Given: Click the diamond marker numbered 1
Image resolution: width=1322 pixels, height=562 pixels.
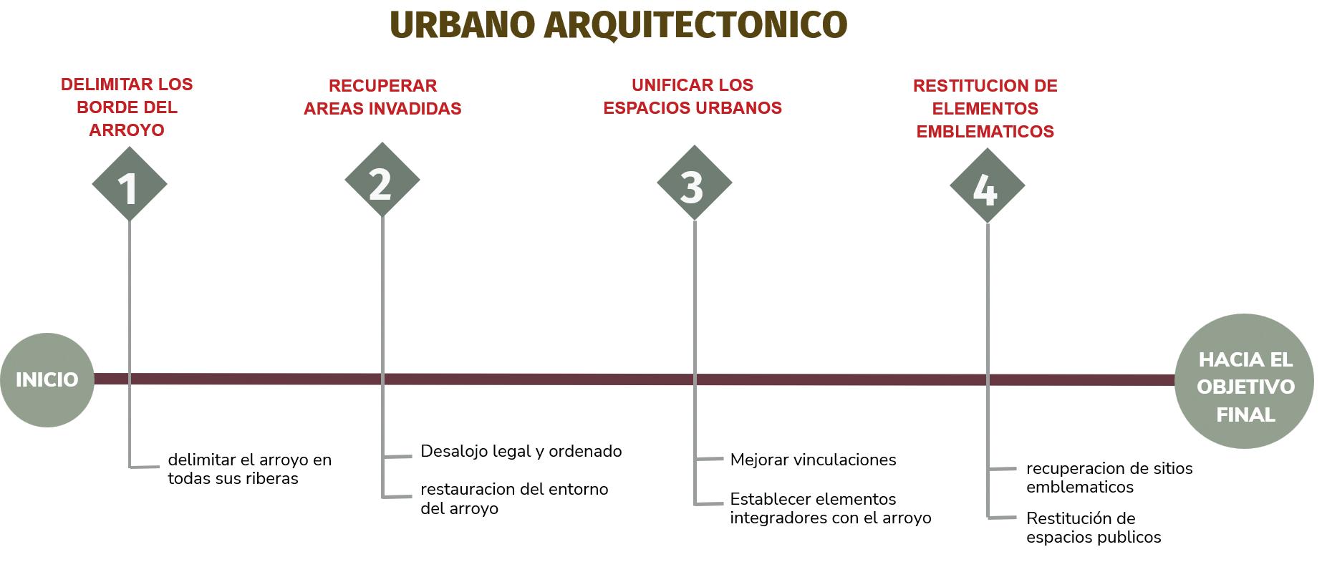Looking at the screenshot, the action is pyautogui.click(x=129, y=185).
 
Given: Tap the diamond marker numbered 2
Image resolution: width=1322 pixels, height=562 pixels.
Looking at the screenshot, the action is pyautogui.click(x=382, y=180).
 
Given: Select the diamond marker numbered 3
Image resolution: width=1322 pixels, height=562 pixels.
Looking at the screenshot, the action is pyautogui.click(x=694, y=183).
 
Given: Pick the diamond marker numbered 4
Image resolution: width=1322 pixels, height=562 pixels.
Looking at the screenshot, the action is pyautogui.click(x=987, y=186).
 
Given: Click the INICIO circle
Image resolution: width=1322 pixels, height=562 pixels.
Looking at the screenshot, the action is pyautogui.click(x=47, y=379).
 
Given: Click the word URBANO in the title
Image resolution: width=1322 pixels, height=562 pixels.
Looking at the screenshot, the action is pyautogui.click(x=462, y=25).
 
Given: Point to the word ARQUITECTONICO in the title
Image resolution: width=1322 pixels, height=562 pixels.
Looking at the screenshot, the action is pyautogui.click(x=695, y=25).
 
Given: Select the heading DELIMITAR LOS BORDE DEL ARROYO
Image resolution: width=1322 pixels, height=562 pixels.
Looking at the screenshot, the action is pyautogui.click(x=127, y=107).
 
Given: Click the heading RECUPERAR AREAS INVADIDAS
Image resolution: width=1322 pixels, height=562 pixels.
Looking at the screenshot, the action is pyautogui.click(x=382, y=97).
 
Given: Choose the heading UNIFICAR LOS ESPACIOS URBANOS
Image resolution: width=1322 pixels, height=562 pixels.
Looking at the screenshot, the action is pyautogui.click(x=693, y=97).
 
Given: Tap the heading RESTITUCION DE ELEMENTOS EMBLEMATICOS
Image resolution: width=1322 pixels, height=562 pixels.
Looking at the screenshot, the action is pyautogui.click(x=985, y=109).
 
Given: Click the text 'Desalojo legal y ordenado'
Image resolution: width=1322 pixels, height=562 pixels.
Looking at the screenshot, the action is pyautogui.click(x=521, y=452).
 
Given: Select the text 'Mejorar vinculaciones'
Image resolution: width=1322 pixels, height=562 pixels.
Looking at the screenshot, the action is pyautogui.click(x=813, y=460).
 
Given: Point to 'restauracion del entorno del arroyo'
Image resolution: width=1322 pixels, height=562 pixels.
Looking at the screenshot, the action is pyautogui.click(x=513, y=499).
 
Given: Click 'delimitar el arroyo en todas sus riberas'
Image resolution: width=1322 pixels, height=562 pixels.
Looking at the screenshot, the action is pyautogui.click(x=249, y=469).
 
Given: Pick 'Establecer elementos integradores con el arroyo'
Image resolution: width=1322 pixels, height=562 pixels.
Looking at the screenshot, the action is pyautogui.click(x=830, y=508).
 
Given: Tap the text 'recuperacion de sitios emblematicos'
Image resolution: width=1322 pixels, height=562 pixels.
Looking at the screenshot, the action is pyautogui.click(x=1109, y=478).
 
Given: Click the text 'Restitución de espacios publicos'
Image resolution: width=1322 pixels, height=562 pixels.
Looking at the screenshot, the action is pyautogui.click(x=1093, y=528).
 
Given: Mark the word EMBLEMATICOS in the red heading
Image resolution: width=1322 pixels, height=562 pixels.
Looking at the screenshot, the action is pyautogui.click(x=985, y=132).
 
